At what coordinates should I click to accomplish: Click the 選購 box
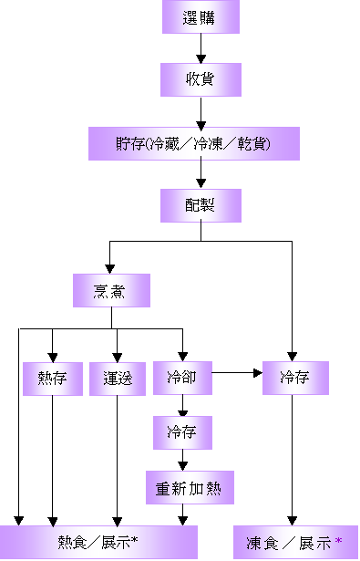click(201, 17)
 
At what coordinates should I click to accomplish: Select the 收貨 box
click(201, 79)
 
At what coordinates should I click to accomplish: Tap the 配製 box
click(201, 205)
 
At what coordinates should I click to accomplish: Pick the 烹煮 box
click(110, 291)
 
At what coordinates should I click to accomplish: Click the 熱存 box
click(52, 379)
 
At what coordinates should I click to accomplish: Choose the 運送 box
click(118, 379)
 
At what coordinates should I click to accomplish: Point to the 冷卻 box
click(182, 378)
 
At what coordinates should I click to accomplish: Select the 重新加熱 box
click(190, 488)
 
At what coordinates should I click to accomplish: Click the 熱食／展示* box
click(98, 543)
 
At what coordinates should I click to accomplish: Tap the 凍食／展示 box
click(291, 543)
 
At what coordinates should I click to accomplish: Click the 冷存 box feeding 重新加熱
click(182, 432)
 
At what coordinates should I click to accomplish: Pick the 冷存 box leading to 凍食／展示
click(295, 378)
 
